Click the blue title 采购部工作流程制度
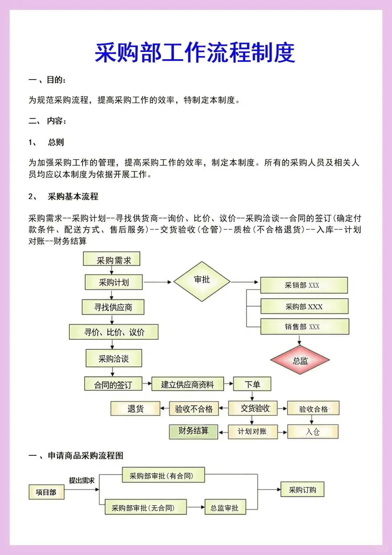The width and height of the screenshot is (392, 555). point(195,53)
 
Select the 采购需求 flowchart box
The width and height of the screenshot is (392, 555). point(112,259)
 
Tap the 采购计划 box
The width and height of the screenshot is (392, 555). point(114,282)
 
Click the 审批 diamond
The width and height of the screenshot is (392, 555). point(202,281)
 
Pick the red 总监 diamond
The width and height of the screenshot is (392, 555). point(300,360)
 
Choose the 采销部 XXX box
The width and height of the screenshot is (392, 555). point(304,285)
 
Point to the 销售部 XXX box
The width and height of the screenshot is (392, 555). point(305,327)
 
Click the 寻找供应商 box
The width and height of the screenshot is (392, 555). point(113,307)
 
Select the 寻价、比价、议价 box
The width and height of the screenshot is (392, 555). point(114,332)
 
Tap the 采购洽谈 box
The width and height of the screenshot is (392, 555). point(114,358)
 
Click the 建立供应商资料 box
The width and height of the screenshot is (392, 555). point(187,384)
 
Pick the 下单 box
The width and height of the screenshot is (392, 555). point(252,384)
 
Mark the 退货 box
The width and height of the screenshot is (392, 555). point(135,409)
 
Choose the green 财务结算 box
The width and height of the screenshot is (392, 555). point(193,432)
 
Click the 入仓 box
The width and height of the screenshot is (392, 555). point(313,432)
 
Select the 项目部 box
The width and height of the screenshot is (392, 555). point(46,492)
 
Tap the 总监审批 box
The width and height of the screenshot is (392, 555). point(225,507)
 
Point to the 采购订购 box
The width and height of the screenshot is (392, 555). point(302,490)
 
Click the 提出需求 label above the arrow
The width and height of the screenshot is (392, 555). point(82,480)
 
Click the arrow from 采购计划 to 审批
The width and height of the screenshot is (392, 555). point(157,282)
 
